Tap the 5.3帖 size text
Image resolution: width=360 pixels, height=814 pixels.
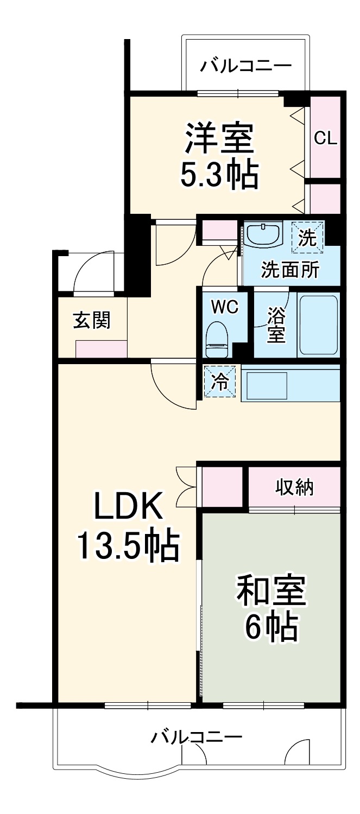219,174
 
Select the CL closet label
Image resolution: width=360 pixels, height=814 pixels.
326,138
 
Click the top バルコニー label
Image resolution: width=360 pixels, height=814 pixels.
246,67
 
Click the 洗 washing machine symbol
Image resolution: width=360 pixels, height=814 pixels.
308,238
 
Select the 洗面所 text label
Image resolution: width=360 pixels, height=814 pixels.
290,269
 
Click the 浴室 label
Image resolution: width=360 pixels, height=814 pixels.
276,324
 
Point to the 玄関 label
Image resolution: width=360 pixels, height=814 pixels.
92,320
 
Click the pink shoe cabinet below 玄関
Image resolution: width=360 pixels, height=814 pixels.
101,349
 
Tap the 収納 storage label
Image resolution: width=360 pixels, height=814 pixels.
295,487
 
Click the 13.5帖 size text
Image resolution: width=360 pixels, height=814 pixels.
128,546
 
